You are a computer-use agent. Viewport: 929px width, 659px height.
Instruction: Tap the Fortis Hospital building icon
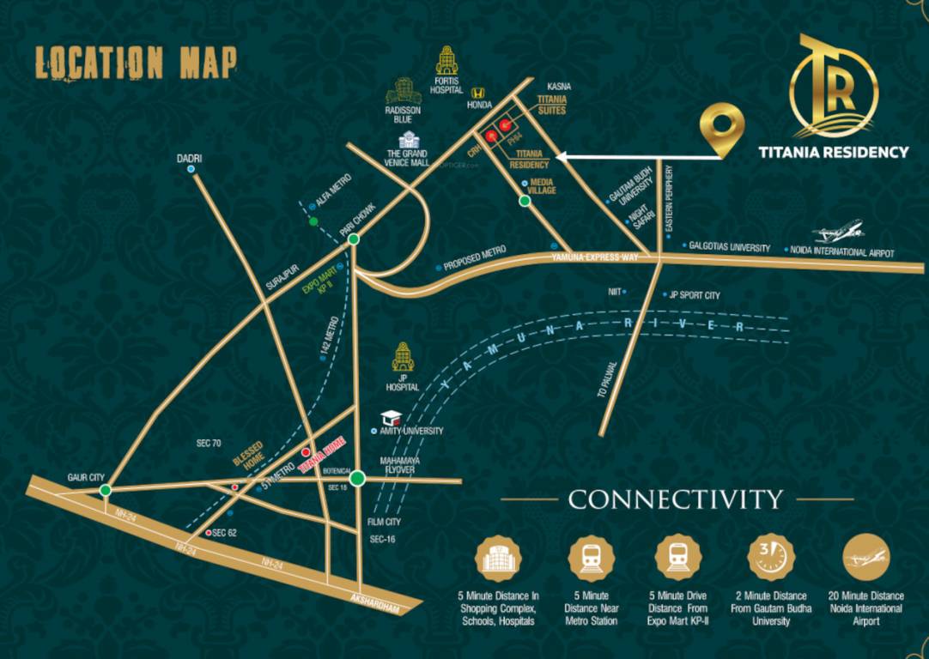[x=446, y=61]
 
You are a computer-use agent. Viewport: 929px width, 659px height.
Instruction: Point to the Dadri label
[x=189, y=158]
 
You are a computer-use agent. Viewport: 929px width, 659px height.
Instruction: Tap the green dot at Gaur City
[x=105, y=490]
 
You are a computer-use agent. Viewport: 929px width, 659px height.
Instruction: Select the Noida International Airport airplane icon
[x=841, y=233]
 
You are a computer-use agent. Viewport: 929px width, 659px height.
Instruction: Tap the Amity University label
[x=411, y=431]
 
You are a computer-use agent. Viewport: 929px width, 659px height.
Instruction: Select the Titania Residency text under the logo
[x=833, y=153]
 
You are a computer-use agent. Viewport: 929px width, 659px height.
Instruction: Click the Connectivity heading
[x=676, y=499]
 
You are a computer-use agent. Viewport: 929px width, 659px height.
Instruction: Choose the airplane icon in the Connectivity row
[x=865, y=557]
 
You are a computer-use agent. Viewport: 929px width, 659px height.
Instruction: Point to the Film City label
[x=384, y=522]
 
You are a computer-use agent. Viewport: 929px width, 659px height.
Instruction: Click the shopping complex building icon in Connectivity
[x=499, y=557]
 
